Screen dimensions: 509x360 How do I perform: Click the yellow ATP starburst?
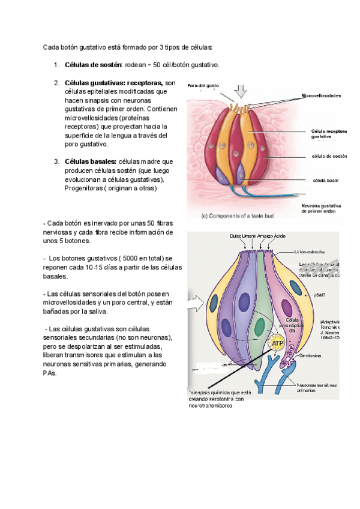click(x=277, y=343)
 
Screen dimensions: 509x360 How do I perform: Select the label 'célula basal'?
click(x=325, y=179)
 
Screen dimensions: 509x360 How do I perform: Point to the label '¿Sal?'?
click(x=319, y=294)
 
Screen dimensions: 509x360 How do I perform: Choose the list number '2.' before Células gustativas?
click(x=56, y=83)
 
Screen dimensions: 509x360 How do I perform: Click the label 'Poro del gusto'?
click(x=202, y=85)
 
